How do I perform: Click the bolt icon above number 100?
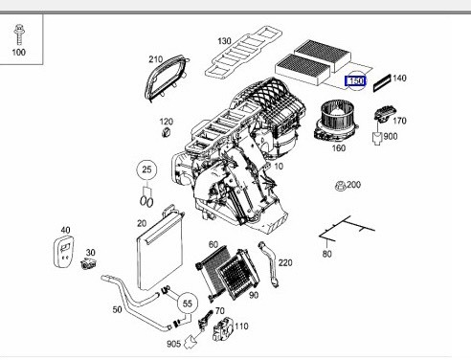point(19,34)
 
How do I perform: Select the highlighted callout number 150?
point(356,81)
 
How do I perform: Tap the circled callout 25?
point(146,169)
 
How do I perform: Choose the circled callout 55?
point(188,304)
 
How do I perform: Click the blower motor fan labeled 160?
point(334,122)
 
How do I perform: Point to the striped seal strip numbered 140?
point(382,82)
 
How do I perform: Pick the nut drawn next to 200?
point(341,186)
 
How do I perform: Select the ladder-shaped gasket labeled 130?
point(243,52)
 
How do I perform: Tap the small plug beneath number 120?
point(167,132)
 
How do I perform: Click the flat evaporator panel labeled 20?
point(160,249)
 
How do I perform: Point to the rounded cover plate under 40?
point(63,251)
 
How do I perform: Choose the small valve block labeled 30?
point(88,263)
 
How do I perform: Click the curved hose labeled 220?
point(270,264)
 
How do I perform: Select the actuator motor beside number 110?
point(222,329)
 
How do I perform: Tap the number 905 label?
point(173,344)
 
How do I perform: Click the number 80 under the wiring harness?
point(327,254)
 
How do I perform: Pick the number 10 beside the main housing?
point(279,167)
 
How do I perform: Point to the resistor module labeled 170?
point(385,114)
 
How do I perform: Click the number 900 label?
point(391,136)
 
